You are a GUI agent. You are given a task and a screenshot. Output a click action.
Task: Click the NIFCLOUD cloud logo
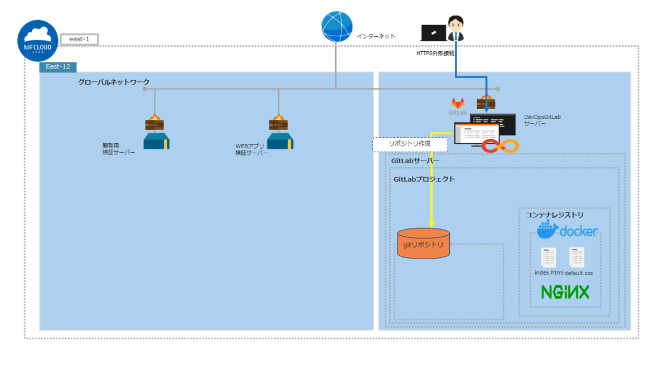38,41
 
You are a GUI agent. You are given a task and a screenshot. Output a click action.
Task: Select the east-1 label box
79,39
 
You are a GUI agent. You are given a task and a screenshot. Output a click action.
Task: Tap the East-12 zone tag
57,67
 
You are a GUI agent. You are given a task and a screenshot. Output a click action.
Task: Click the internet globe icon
337,26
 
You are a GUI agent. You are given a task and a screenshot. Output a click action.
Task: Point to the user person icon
457,28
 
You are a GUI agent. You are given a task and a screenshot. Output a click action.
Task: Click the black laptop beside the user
433,33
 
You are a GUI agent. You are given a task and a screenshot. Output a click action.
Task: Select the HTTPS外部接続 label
435,53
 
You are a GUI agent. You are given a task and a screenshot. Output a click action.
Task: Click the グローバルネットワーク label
113,82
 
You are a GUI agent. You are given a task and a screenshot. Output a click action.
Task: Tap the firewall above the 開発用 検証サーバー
154,122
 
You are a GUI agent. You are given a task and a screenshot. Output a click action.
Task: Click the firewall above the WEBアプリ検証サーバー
278,122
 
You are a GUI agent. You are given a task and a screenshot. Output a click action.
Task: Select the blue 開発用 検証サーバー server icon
156,141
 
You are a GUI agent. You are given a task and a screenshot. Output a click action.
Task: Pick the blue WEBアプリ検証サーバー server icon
280,141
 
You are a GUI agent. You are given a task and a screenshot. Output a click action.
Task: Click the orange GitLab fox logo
458,103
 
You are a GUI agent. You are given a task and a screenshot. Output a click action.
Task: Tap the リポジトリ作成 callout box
410,144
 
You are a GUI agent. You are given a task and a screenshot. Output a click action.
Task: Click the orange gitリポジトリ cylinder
423,244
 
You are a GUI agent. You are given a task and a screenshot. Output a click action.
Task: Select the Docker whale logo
547,230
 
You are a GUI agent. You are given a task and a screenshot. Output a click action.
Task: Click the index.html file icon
549,257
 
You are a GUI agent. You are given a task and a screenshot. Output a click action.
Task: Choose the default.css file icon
576,257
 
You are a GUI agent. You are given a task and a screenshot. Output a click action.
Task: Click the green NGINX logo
565,292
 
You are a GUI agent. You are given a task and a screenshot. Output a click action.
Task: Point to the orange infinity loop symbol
500,146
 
